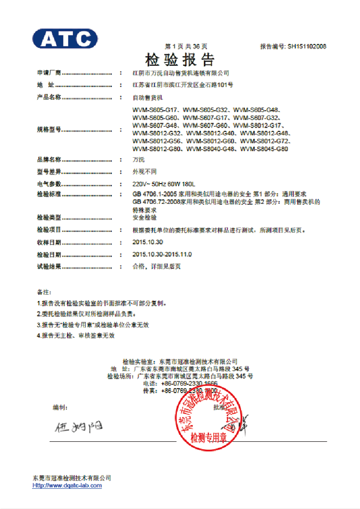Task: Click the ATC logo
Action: pyautogui.click(x=65, y=38)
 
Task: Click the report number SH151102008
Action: pyautogui.click(x=307, y=46)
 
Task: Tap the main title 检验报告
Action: pyautogui.click(x=180, y=59)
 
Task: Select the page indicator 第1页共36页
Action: pyautogui.click(x=186, y=46)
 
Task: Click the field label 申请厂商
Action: pyautogui.click(x=49, y=73)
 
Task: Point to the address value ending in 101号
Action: pyautogui.click(x=183, y=85)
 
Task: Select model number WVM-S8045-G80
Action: pyautogui.click(x=264, y=149)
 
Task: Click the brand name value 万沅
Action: pyautogui.click(x=139, y=159)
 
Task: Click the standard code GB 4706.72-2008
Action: pyautogui.click(x=157, y=202)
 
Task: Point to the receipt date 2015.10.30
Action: pyautogui.click(x=148, y=242)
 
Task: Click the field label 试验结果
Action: pyautogui.click(x=49, y=266)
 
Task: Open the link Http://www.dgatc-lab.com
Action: pyautogui.click(x=67, y=485)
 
